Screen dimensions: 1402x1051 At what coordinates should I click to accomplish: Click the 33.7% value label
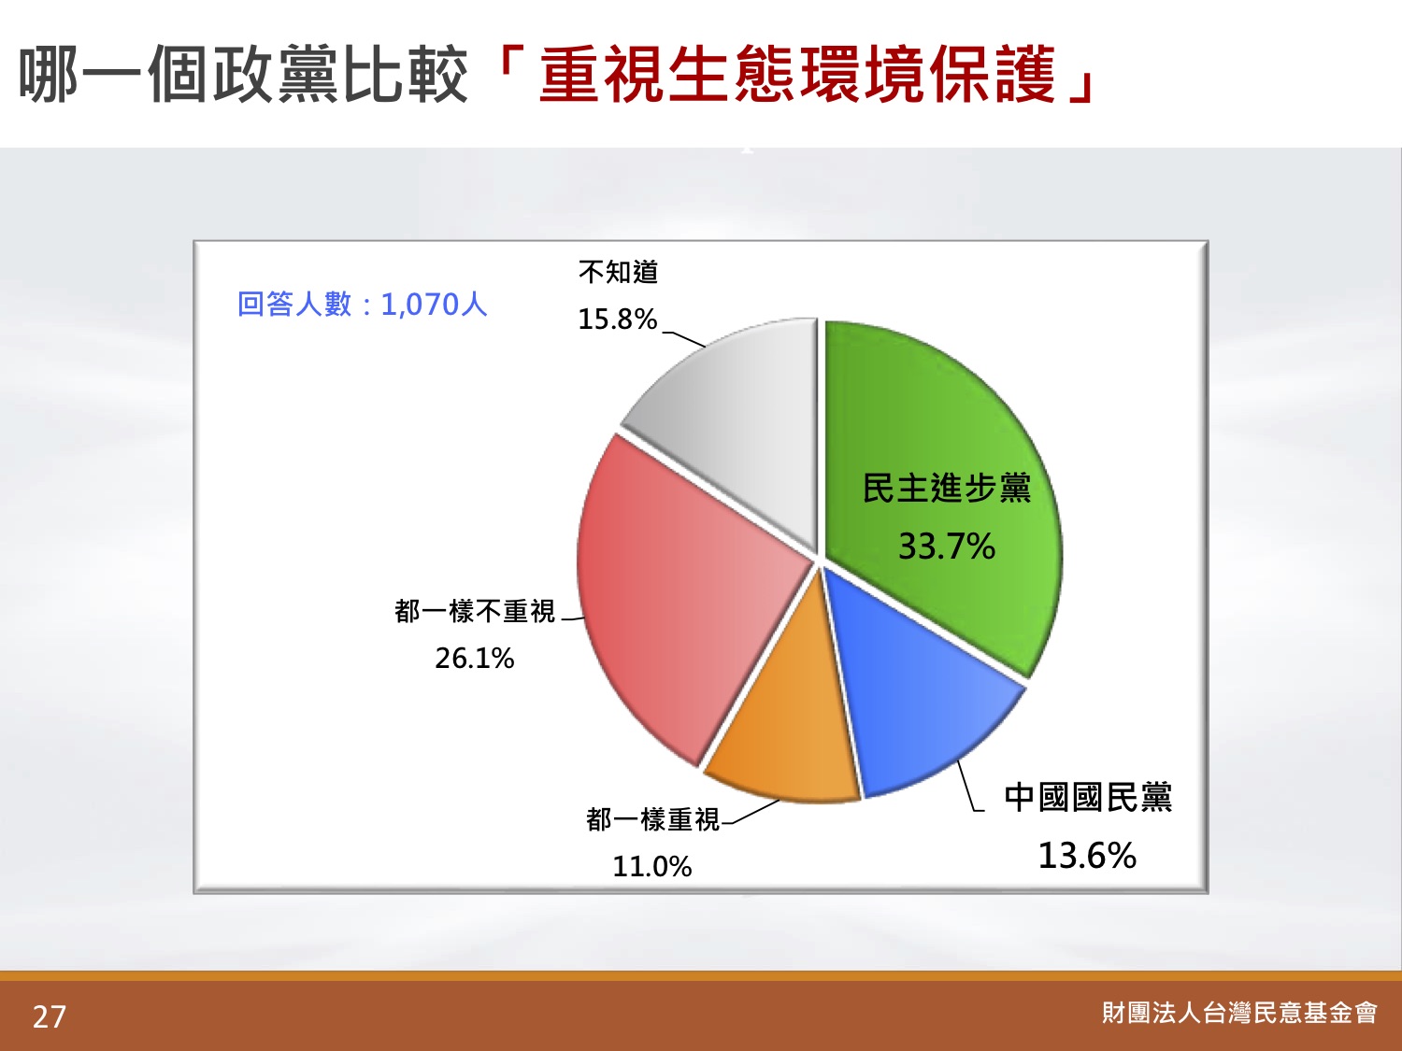(947, 547)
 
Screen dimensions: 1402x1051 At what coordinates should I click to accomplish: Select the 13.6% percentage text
(1087, 855)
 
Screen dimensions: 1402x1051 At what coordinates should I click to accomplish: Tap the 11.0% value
(652, 867)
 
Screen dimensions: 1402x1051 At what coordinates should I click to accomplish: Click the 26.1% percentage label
(475, 658)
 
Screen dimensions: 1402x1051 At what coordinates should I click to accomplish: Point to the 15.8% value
(618, 320)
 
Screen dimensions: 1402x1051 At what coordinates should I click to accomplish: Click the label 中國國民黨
(1088, 798)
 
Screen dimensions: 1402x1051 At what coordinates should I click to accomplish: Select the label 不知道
(619, 273)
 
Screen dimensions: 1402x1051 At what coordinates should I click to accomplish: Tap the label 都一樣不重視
(475, 612)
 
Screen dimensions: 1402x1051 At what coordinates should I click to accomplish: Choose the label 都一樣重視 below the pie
(652, 820)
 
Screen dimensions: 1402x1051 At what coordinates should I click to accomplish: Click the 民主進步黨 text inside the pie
(947, 489)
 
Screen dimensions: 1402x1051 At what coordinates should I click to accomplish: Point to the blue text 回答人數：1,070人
(362, 305)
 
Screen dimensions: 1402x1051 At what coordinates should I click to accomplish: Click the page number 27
(50, 1016)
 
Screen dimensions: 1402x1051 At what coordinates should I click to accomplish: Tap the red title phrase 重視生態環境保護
(797, 75)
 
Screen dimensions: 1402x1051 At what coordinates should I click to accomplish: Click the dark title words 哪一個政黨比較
(243, 75)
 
